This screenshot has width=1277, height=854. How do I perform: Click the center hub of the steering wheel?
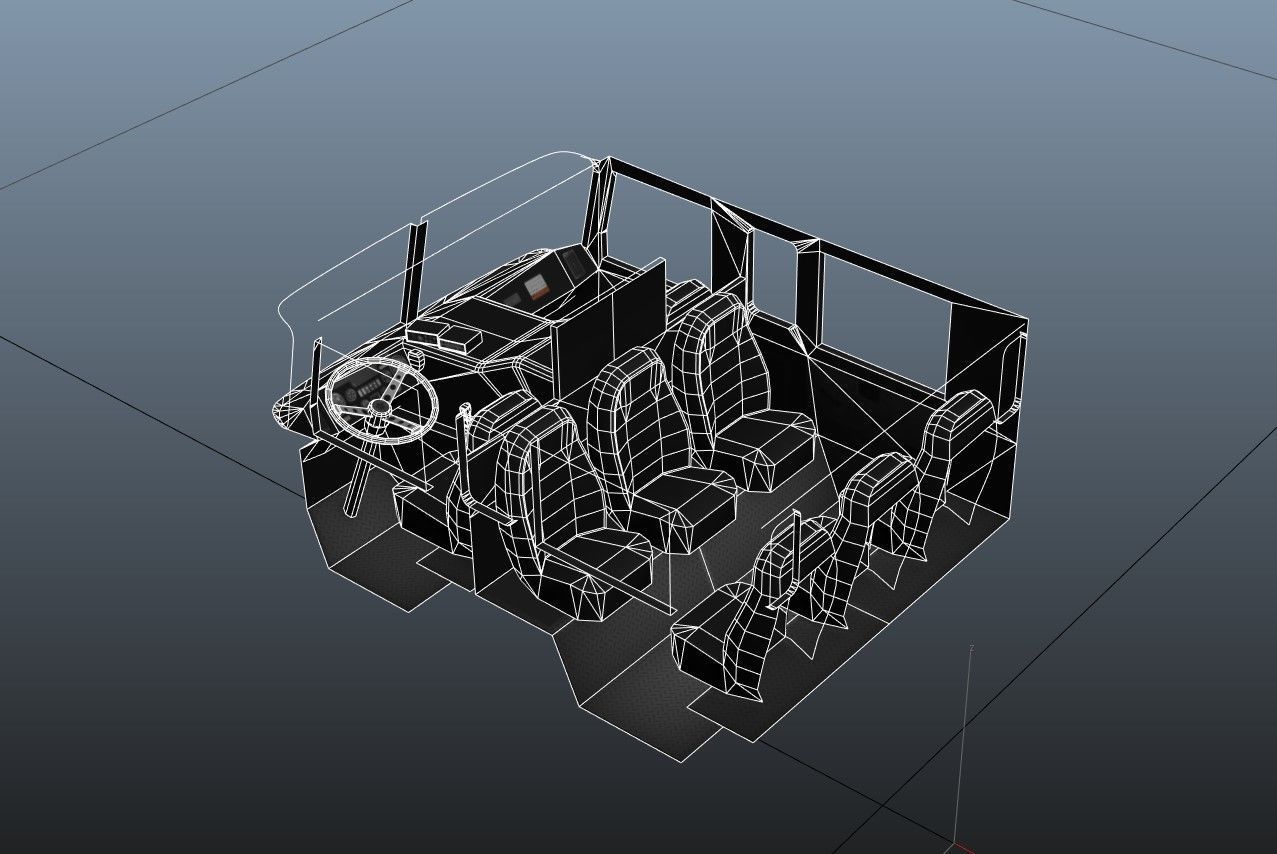point(381,406)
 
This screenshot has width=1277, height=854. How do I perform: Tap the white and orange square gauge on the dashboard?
point(538,288)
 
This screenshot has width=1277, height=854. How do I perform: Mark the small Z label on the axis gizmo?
point(971,648)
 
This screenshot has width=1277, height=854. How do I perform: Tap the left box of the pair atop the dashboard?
point(424,333)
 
